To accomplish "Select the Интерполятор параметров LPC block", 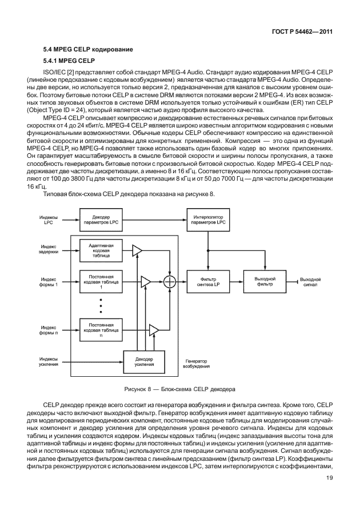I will (x=208, y=220).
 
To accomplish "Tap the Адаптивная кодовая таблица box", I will (x=100, y=250).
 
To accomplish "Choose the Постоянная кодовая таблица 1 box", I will (x=100, y=281).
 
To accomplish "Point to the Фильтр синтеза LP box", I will (x=208, y=281).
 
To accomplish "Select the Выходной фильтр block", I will (x=265, y=281).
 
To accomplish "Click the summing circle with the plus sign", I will (x=170, y=281).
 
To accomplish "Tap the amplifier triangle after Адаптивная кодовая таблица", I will (x=137, y=250).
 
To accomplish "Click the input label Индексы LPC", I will (x=47, y=220).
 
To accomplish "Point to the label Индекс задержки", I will (x=49, y=250).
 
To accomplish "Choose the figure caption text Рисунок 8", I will (x=180, y=389).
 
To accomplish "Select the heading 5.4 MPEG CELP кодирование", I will (x=88, y=50).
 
